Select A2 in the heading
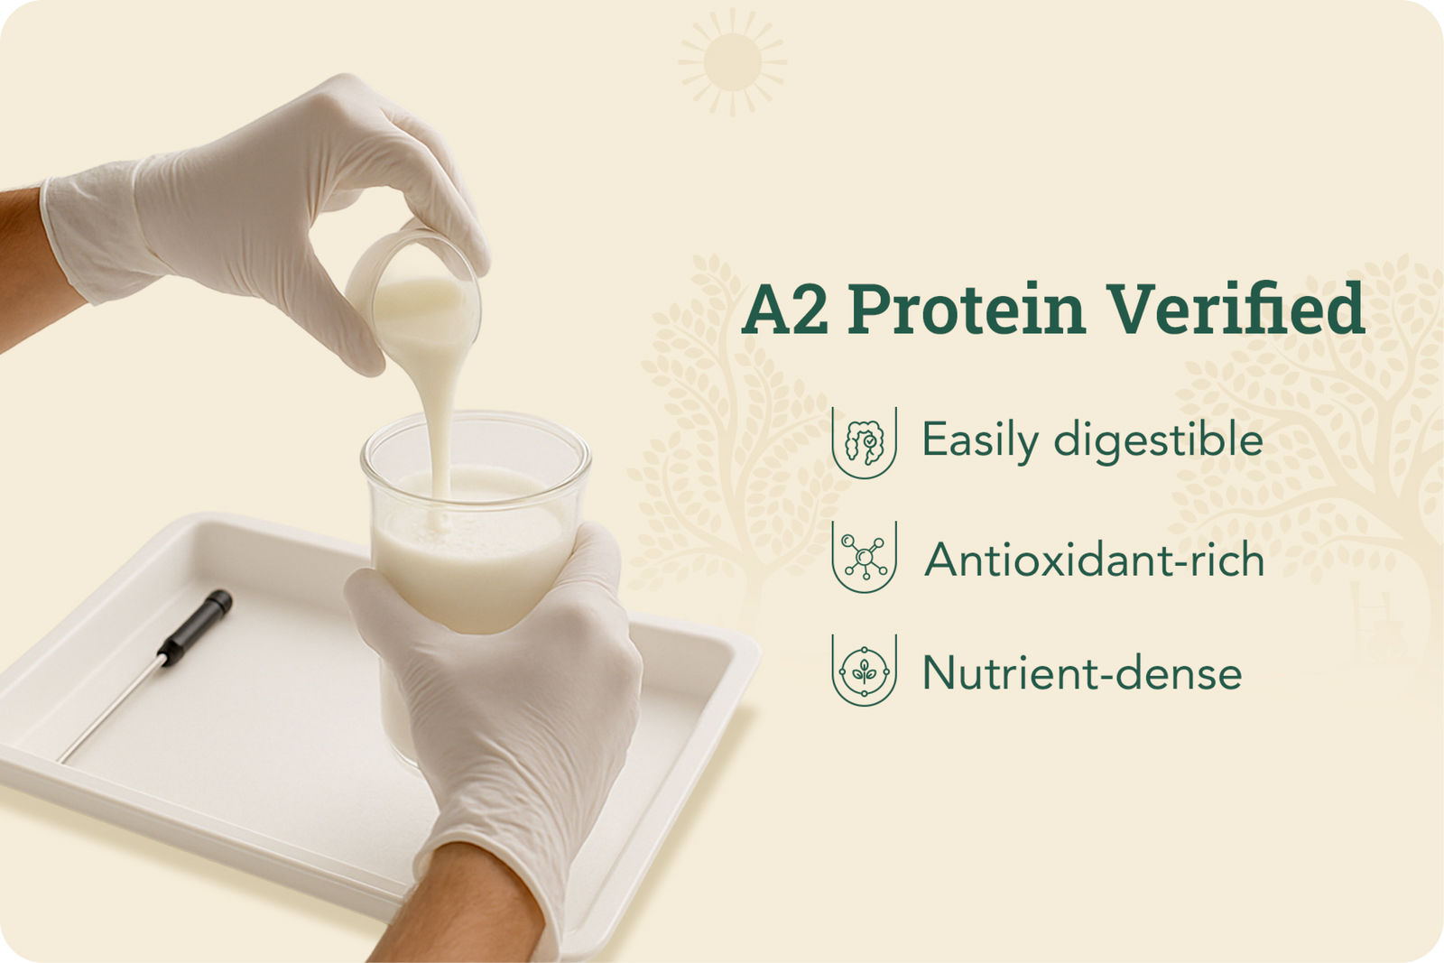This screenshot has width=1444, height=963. pyautogui.click(x=785, y=310)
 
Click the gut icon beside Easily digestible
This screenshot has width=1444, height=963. pyautogui.click(x=864, y=442)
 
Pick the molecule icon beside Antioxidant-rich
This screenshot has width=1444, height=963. pyautogui.click(x=864, y=556)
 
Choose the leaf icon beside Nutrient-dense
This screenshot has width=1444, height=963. pyautogui.click(x=864, y=671)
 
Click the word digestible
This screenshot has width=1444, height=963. pyautogui.click(x=1158, y=440)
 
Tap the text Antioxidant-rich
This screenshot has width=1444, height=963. pyautogui.click(x=1094, y=560)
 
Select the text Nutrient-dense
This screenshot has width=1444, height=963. pyautogui.click(x=1082, y=673)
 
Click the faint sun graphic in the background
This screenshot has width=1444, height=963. pyautogui.click(x=733, y=62)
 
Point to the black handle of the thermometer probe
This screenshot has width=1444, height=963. pyautogui.click(x=196, y=628)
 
